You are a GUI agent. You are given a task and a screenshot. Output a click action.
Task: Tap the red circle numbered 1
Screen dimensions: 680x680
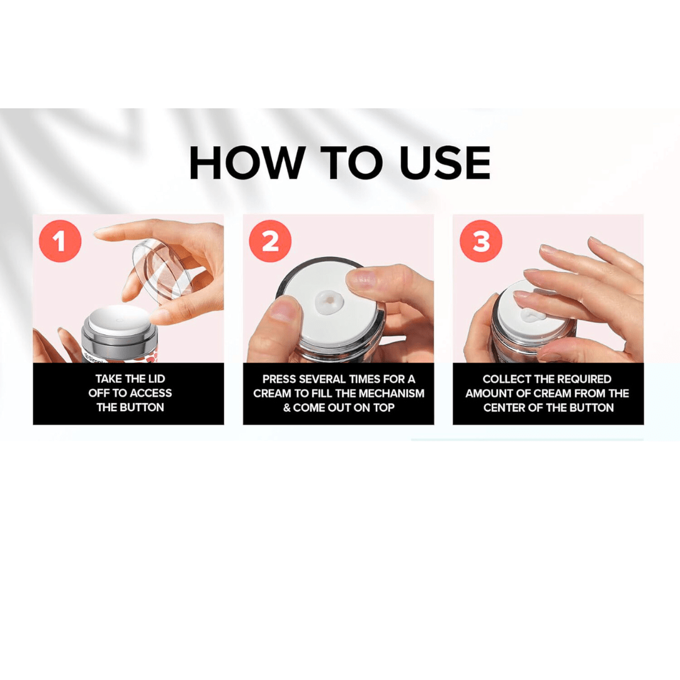click(60, 241)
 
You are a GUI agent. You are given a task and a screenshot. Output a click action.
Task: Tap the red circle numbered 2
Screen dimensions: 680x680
click(270, 241)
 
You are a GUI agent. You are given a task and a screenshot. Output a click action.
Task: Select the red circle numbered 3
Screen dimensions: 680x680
click(481, 241)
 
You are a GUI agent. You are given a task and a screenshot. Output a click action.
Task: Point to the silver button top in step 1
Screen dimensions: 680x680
click(117, 320)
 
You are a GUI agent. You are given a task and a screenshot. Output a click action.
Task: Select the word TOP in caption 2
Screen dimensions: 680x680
click(382, 407)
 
